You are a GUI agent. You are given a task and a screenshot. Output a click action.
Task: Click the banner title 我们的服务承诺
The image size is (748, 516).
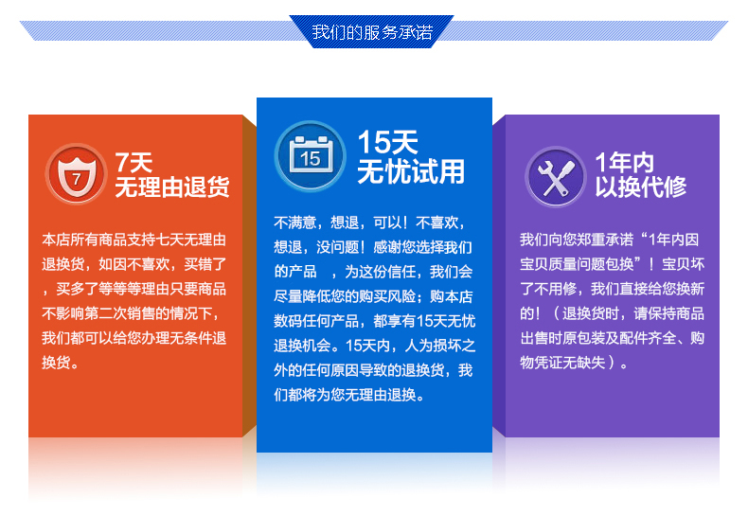(372, 32)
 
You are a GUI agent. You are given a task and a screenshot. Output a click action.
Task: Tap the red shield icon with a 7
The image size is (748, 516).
(77, 173)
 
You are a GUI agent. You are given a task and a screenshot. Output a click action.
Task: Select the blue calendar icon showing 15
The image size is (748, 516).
(310, 156)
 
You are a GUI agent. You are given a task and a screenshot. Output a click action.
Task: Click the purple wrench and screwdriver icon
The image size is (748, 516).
(556, 176)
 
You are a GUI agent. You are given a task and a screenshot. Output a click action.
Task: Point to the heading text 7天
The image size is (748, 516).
(134, 163)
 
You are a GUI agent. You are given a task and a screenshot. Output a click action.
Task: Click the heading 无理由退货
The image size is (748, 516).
(172, 187)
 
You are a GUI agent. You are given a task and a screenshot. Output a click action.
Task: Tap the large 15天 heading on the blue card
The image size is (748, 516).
(388, 142)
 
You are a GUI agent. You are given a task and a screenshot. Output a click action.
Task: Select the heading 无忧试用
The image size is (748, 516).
(411, 171)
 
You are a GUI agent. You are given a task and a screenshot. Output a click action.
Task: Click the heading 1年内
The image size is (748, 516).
(625, 163)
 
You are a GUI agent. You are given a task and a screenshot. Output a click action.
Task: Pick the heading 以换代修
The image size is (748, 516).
(641, 187)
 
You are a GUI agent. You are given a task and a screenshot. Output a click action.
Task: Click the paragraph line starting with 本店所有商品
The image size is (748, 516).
(134, 240)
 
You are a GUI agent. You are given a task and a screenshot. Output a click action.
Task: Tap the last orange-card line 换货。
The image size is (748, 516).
(60, 363)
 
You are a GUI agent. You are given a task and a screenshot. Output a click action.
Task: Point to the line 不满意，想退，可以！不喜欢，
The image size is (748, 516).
(369, 222)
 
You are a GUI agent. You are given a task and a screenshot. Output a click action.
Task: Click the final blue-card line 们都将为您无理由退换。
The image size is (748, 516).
(349, 395)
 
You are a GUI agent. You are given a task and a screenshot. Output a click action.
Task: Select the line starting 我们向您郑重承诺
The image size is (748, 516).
(609, 240)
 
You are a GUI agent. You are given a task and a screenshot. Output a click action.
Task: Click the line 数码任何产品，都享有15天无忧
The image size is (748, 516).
(375, 321)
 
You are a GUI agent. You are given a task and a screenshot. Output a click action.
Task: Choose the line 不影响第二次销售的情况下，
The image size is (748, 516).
(132, 313)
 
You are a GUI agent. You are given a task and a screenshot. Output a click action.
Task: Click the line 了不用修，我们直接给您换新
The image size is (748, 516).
(612, 289)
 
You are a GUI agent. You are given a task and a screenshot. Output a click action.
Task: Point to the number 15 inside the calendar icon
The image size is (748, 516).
(310, 159)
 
